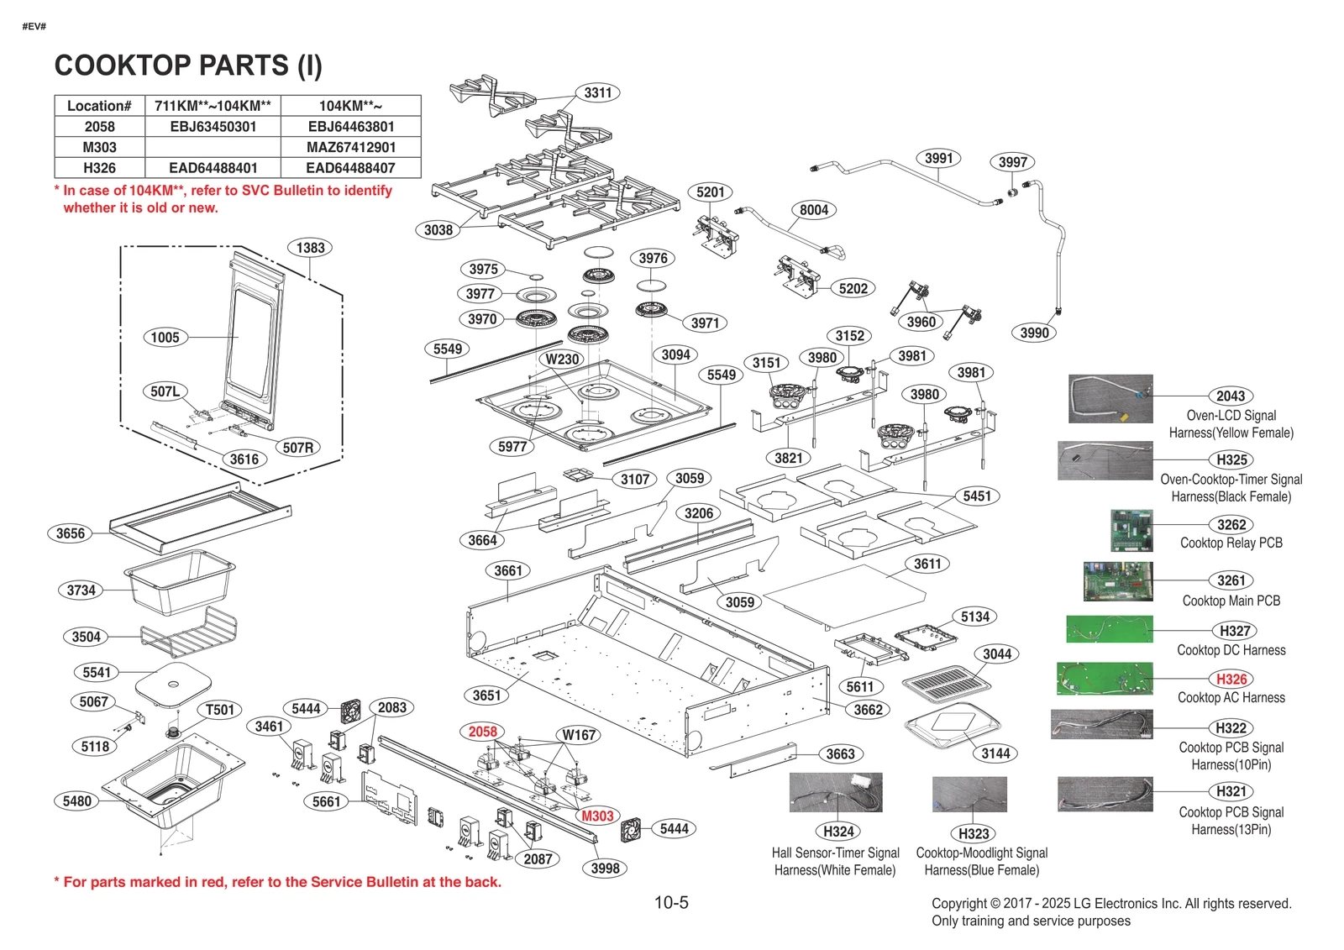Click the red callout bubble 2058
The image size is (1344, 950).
pos(483,732)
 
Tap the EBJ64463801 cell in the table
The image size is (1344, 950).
pos(350,127)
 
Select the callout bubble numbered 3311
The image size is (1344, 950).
pos(598,92)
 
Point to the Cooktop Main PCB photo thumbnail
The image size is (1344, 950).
pos(1117,582)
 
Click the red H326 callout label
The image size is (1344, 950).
pos(1231,679)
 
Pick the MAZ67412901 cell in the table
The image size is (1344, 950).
pos(350,147)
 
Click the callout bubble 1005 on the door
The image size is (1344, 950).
pos(165,338)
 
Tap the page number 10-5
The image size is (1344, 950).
pos(671,903)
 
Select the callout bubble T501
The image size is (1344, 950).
pos(220,710)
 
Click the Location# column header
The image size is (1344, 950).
pos(99,106)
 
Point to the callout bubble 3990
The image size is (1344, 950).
pos(1034,333)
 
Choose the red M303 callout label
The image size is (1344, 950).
pos(597,816)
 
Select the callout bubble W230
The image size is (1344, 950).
pos(562,359)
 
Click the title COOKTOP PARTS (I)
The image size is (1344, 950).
pos(188,66)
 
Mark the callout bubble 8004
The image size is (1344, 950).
pos(813,210)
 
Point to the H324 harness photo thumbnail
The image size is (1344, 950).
pos(836,792)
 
